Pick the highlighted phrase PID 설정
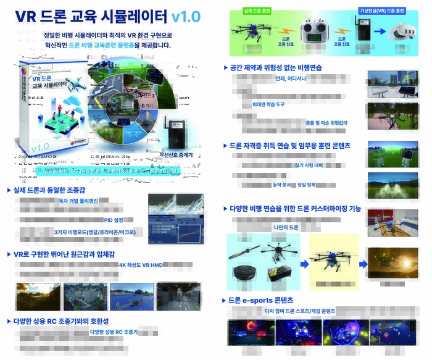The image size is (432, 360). click(114, 220)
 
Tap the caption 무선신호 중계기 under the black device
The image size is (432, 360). click(177, 154)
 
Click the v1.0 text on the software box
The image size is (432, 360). click(40, 147)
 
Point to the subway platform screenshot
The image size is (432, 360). click(178, 296)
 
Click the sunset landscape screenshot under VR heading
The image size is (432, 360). click(131, 296)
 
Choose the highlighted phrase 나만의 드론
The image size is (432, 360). click(286, 228)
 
